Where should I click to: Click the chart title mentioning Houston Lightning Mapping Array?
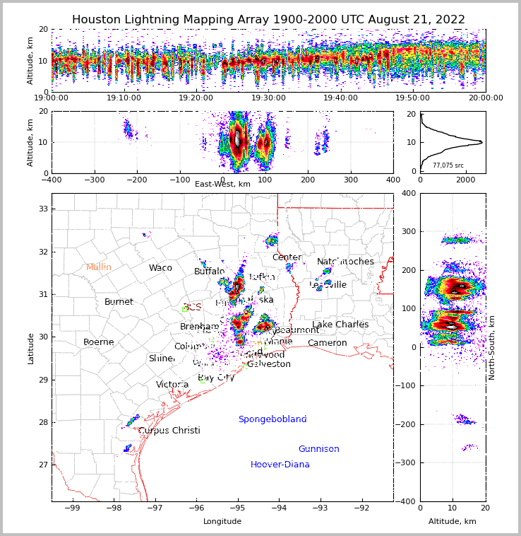268,20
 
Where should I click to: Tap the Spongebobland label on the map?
273,419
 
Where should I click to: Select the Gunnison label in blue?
318,449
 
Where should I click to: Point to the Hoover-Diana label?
280,465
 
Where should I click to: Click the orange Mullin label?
99,267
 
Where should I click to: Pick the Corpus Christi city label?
169,431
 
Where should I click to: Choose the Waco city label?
160,268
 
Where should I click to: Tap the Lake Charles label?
340,325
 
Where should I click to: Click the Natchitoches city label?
345,262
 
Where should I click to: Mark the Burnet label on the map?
119,302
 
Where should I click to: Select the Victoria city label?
172,385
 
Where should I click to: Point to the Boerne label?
99,342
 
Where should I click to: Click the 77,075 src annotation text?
448,165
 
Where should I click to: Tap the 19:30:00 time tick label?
268,98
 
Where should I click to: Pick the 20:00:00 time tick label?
485,98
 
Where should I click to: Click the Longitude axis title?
222,521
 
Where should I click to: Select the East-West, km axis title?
222,184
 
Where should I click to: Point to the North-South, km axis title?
492,347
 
